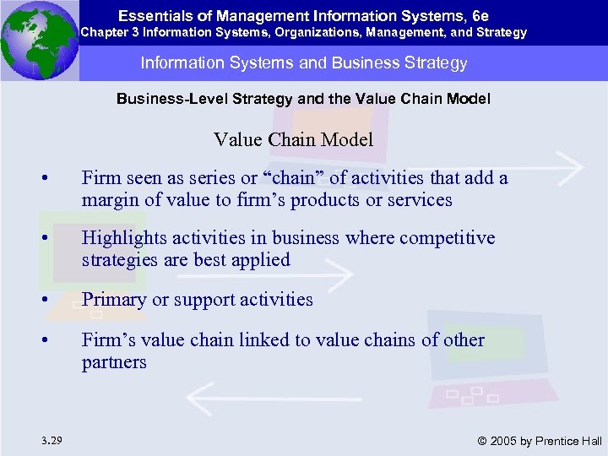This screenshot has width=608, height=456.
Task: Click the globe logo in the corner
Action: click(x=39, y=40)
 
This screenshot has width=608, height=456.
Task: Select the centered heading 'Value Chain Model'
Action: click(x=293, y=139)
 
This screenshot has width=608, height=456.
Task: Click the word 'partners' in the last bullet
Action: click(x=114, y=362)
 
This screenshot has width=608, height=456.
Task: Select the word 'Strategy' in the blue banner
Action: click(x=431, y=63)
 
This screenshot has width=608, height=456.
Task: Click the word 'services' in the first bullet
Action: click(x=415, y=200)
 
